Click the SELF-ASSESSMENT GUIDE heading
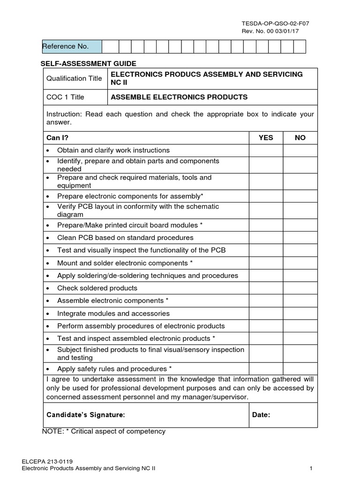89,63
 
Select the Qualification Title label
74,78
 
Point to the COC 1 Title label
65,97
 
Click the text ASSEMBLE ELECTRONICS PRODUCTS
179,97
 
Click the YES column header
266,137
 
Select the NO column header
300,137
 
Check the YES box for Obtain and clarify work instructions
266,150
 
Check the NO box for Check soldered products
300,288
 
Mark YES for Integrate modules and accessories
266,313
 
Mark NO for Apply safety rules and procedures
300,368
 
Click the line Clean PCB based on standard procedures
125,238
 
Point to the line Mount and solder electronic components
125,263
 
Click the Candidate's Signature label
86,414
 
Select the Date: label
261,414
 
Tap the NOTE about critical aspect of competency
104,431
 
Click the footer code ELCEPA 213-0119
47,461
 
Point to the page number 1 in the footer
311,468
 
